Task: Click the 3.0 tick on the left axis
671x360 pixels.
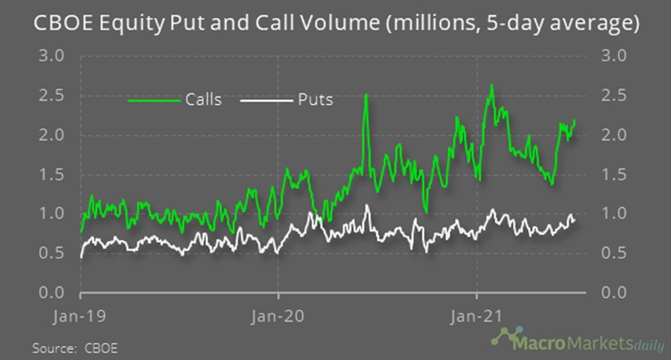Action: tap(52, 56)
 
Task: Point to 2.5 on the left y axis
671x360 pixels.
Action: tap(52, 96)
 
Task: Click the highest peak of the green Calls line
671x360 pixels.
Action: tap(491, 85)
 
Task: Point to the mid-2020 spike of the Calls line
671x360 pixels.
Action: tap(365, 96)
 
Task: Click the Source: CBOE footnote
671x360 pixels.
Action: tap(75, 349)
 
